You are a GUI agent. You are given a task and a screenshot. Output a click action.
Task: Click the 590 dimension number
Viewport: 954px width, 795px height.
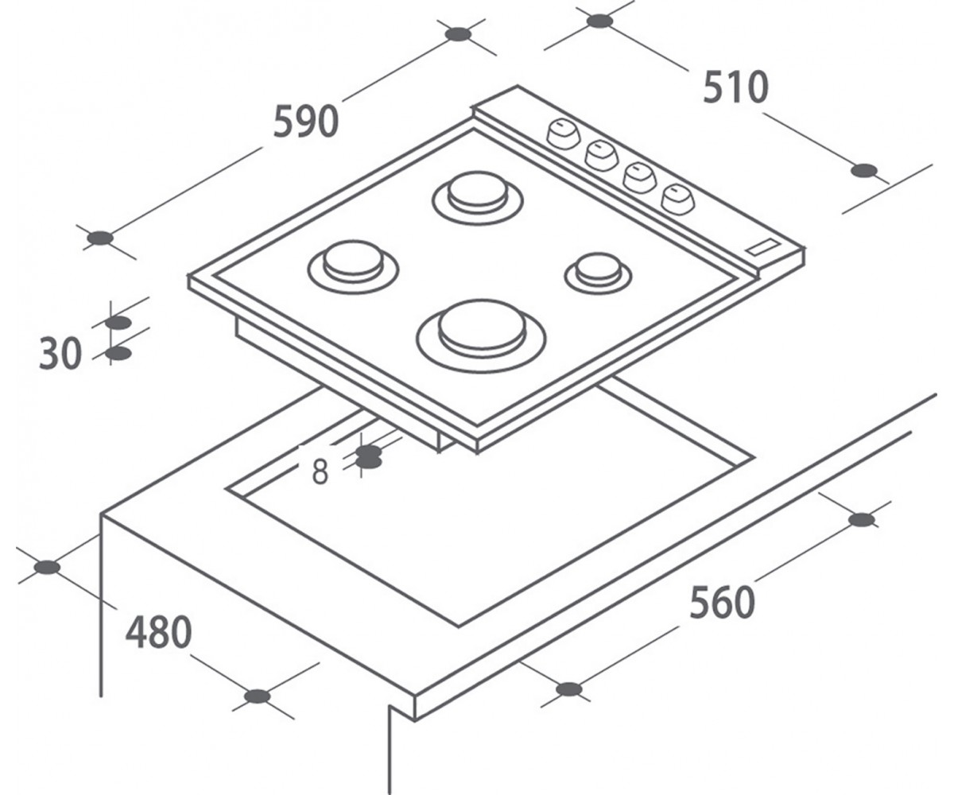point(306,122)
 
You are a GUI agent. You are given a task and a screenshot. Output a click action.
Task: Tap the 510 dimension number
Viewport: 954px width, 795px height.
point(735,87)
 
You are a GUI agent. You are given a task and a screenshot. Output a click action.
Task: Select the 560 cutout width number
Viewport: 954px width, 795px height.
point(723,603)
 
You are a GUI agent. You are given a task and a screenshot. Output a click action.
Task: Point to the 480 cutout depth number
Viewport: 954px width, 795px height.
point(158,633)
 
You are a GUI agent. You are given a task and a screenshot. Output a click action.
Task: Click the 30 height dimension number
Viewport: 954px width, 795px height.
point(60,354)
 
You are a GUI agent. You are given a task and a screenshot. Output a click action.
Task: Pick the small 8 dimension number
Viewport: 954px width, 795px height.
point(320,471)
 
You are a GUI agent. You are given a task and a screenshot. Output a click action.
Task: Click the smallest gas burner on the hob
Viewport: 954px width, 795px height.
point(598,275)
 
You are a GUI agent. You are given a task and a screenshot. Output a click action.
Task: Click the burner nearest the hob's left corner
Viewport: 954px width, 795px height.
point(353,267)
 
